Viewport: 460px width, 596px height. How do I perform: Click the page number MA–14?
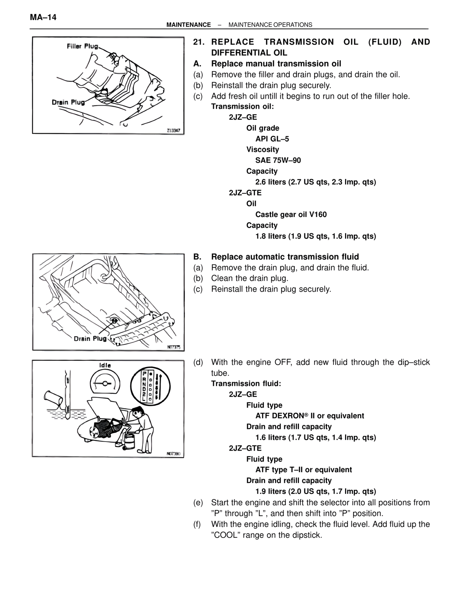click(43, 17)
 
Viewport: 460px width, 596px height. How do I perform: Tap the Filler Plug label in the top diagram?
click(82, 46)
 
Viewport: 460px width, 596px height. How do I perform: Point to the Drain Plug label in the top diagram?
click(68, 102)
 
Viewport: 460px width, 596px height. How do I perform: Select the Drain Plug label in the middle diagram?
click(90, 339)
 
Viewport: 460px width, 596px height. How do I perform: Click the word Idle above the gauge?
click(105, 365)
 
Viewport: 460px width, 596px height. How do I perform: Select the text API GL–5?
click(272, 139)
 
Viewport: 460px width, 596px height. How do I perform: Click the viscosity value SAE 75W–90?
click(278, 160)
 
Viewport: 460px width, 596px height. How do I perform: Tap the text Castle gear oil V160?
click(291, 215)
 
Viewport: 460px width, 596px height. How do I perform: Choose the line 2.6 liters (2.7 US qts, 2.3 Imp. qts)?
click(316, 182)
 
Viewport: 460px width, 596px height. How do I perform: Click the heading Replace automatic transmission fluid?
click(285, 257)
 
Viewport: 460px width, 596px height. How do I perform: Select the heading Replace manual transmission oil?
click(276, 64)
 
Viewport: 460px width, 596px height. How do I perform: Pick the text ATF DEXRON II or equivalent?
click(309, 416)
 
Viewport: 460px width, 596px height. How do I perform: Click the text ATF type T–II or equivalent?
click(303, 470)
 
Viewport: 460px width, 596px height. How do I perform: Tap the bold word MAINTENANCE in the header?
click(189, 25)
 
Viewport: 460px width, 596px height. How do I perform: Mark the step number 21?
click(199, 42)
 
